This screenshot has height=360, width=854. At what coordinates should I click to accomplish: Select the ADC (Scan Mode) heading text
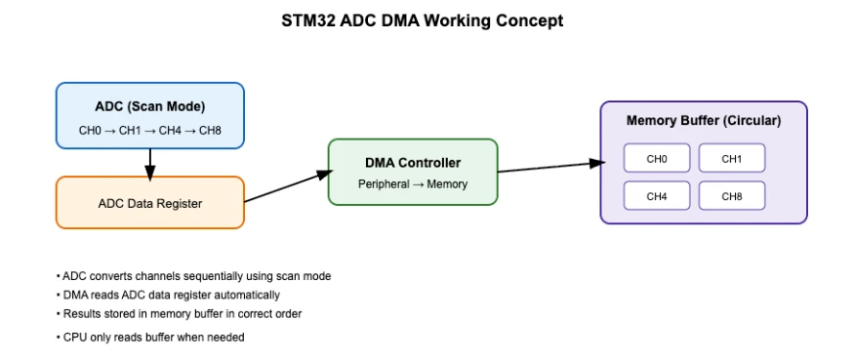pyautogui.click(x=149, y=106)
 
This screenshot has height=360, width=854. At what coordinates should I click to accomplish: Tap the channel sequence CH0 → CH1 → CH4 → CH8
pyautogui.click(x=149, y=131)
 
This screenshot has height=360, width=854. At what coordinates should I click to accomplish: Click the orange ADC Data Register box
pyautogui.click(x=149, y=203)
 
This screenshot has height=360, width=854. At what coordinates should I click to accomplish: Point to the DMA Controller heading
pyautogui.click(x=412, y=163)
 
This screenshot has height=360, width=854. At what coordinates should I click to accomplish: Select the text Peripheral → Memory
pyautogui.click(x=412, y=184)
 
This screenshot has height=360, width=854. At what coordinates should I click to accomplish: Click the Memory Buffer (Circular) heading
pyautogui.click(x=703, y=121)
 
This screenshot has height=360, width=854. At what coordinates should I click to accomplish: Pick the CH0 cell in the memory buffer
pyautogui.click(x=657, y=158)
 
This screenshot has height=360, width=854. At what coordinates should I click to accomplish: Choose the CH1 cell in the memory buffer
pyautogui.click(x=731, y=158)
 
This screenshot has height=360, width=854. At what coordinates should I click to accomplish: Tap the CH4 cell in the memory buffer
pyautogui.click(x=657, y=196)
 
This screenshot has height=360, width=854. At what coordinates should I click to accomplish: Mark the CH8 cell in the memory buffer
pyautogui.click(x=731, y=196)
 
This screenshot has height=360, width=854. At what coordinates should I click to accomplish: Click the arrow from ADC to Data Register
pyautogui.click(x=149, y=164)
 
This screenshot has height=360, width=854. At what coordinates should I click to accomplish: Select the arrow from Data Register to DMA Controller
pyautogui.click(x=285, y=187)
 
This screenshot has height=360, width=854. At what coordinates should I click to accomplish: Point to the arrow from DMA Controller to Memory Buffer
pyautogui.click(x=549, y=168)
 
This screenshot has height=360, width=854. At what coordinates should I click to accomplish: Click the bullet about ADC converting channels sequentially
pyautogui.click(x=195, y=276)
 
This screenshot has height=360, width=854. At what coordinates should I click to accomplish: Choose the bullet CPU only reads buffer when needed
pyautogui.click(x=152, y=338)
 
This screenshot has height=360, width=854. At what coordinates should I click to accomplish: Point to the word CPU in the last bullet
pyautogui.click(x=74, y=338)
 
